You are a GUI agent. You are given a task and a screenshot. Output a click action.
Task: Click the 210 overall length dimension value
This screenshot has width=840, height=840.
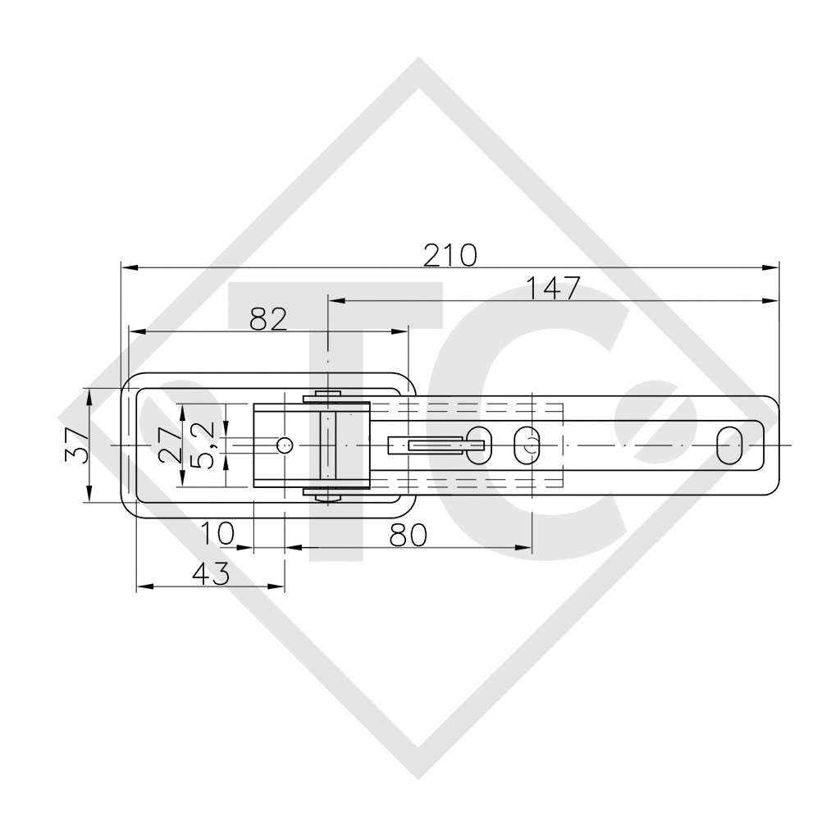pos(450,255)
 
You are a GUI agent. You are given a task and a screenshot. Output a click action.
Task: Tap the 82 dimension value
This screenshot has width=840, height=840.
pos(268,318)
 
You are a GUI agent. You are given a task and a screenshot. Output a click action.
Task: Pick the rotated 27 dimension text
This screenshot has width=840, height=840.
pos(173,445)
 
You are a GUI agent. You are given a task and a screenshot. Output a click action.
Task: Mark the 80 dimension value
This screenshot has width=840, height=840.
pos(408,535)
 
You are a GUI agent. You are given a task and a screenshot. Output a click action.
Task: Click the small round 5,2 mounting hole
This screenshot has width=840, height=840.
pos(284,445)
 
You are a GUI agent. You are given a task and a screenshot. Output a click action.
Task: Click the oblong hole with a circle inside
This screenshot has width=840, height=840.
pos(526,445)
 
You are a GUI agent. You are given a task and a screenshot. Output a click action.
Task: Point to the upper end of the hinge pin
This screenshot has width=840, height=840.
pos(328,397)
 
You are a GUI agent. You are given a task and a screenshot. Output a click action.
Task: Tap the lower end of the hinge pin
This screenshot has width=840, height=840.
pos(328,494)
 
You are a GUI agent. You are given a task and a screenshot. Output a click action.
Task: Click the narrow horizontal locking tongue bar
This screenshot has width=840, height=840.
pos(435,445)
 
